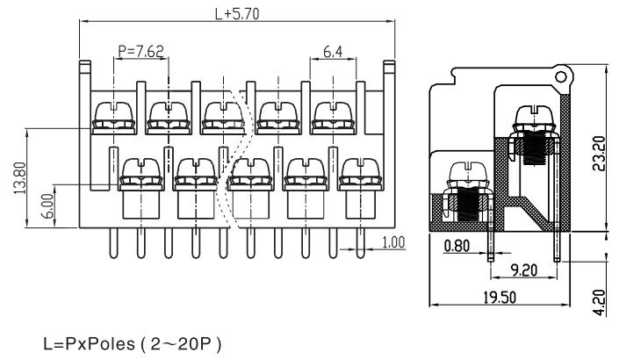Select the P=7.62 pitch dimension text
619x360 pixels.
pyautogui.click(x=140, y=51)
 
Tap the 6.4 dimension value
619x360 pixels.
pyautogui.click(x=333, y=52)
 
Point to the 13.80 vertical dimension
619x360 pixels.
pyautogui.click(x=18, y=177)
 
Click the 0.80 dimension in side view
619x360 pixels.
pyautogui.click(x=457, y=247)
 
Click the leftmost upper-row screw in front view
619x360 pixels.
pyautogui.click(x=112, y=116)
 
